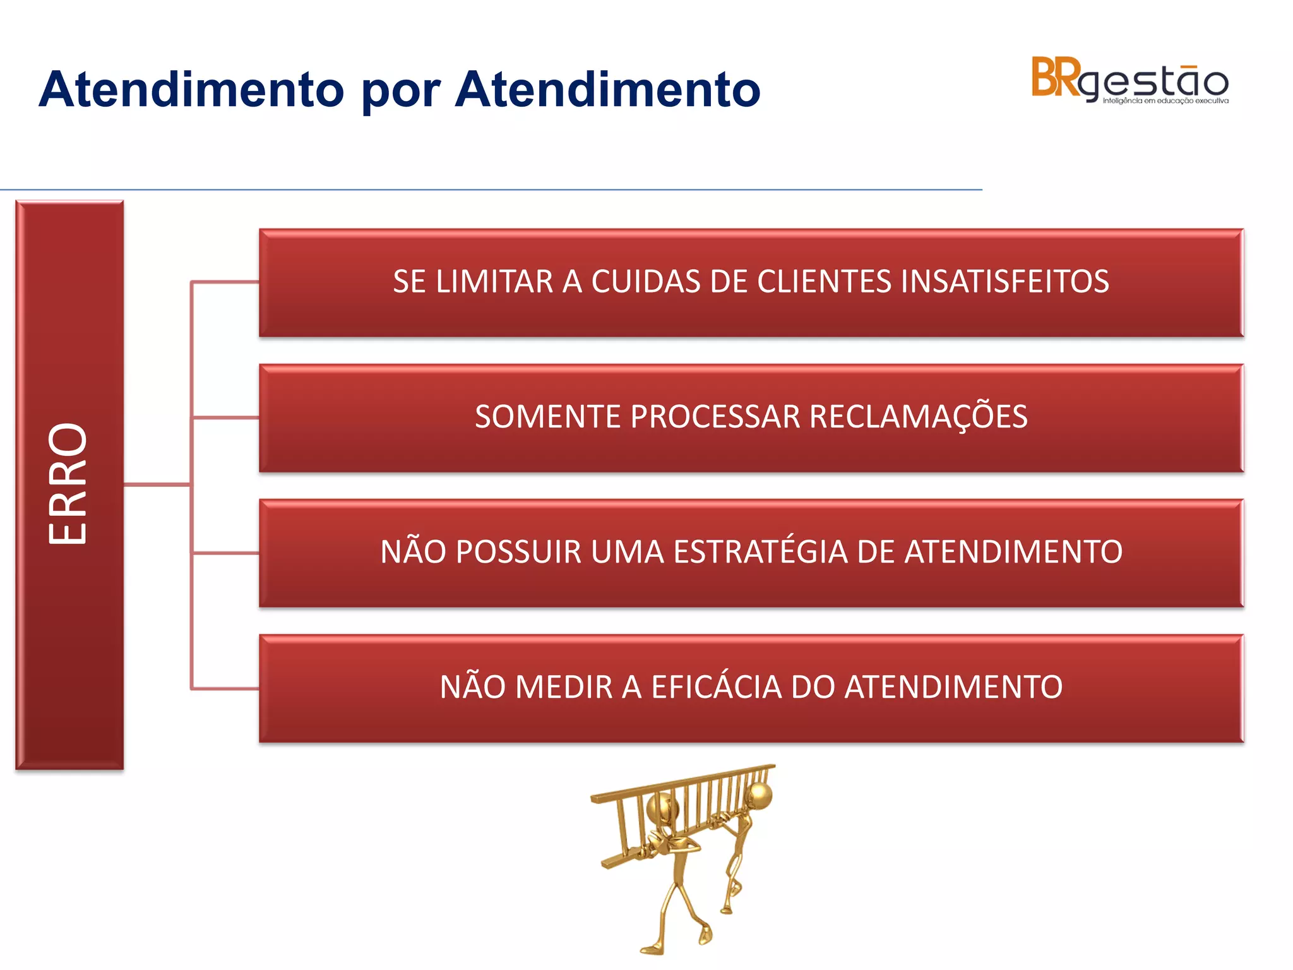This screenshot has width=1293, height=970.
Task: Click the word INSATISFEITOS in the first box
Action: [1004, 282]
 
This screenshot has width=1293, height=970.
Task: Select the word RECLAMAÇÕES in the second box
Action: [918, 417]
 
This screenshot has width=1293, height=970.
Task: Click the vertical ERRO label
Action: [68, 484]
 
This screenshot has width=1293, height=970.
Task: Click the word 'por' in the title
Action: [400, 90]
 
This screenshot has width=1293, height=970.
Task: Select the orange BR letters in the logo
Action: [1055, 78]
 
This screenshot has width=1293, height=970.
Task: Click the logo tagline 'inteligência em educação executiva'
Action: [1165, 101]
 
